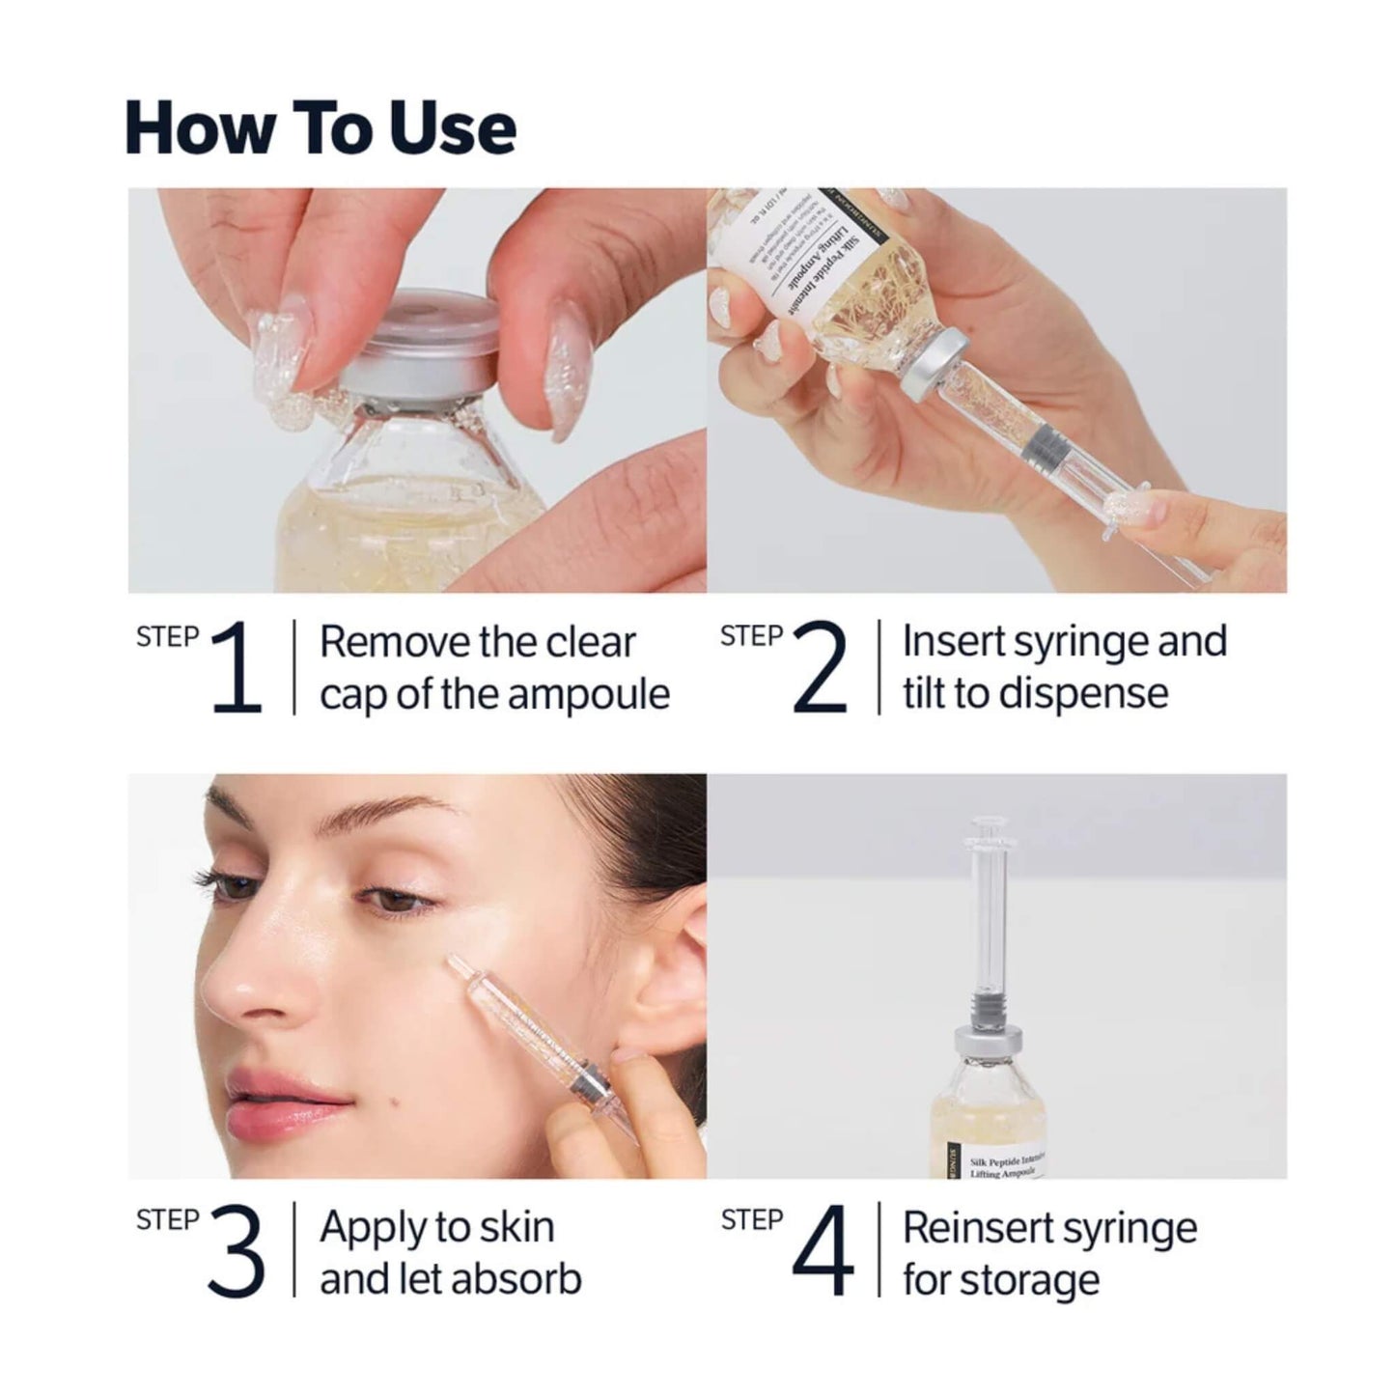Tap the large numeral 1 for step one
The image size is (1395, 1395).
[x=237, y=668]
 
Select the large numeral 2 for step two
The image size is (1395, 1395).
[x=820, y=668]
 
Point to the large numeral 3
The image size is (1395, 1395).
[x=237, y=1253]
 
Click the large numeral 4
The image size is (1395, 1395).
[x=822, y=1253]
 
